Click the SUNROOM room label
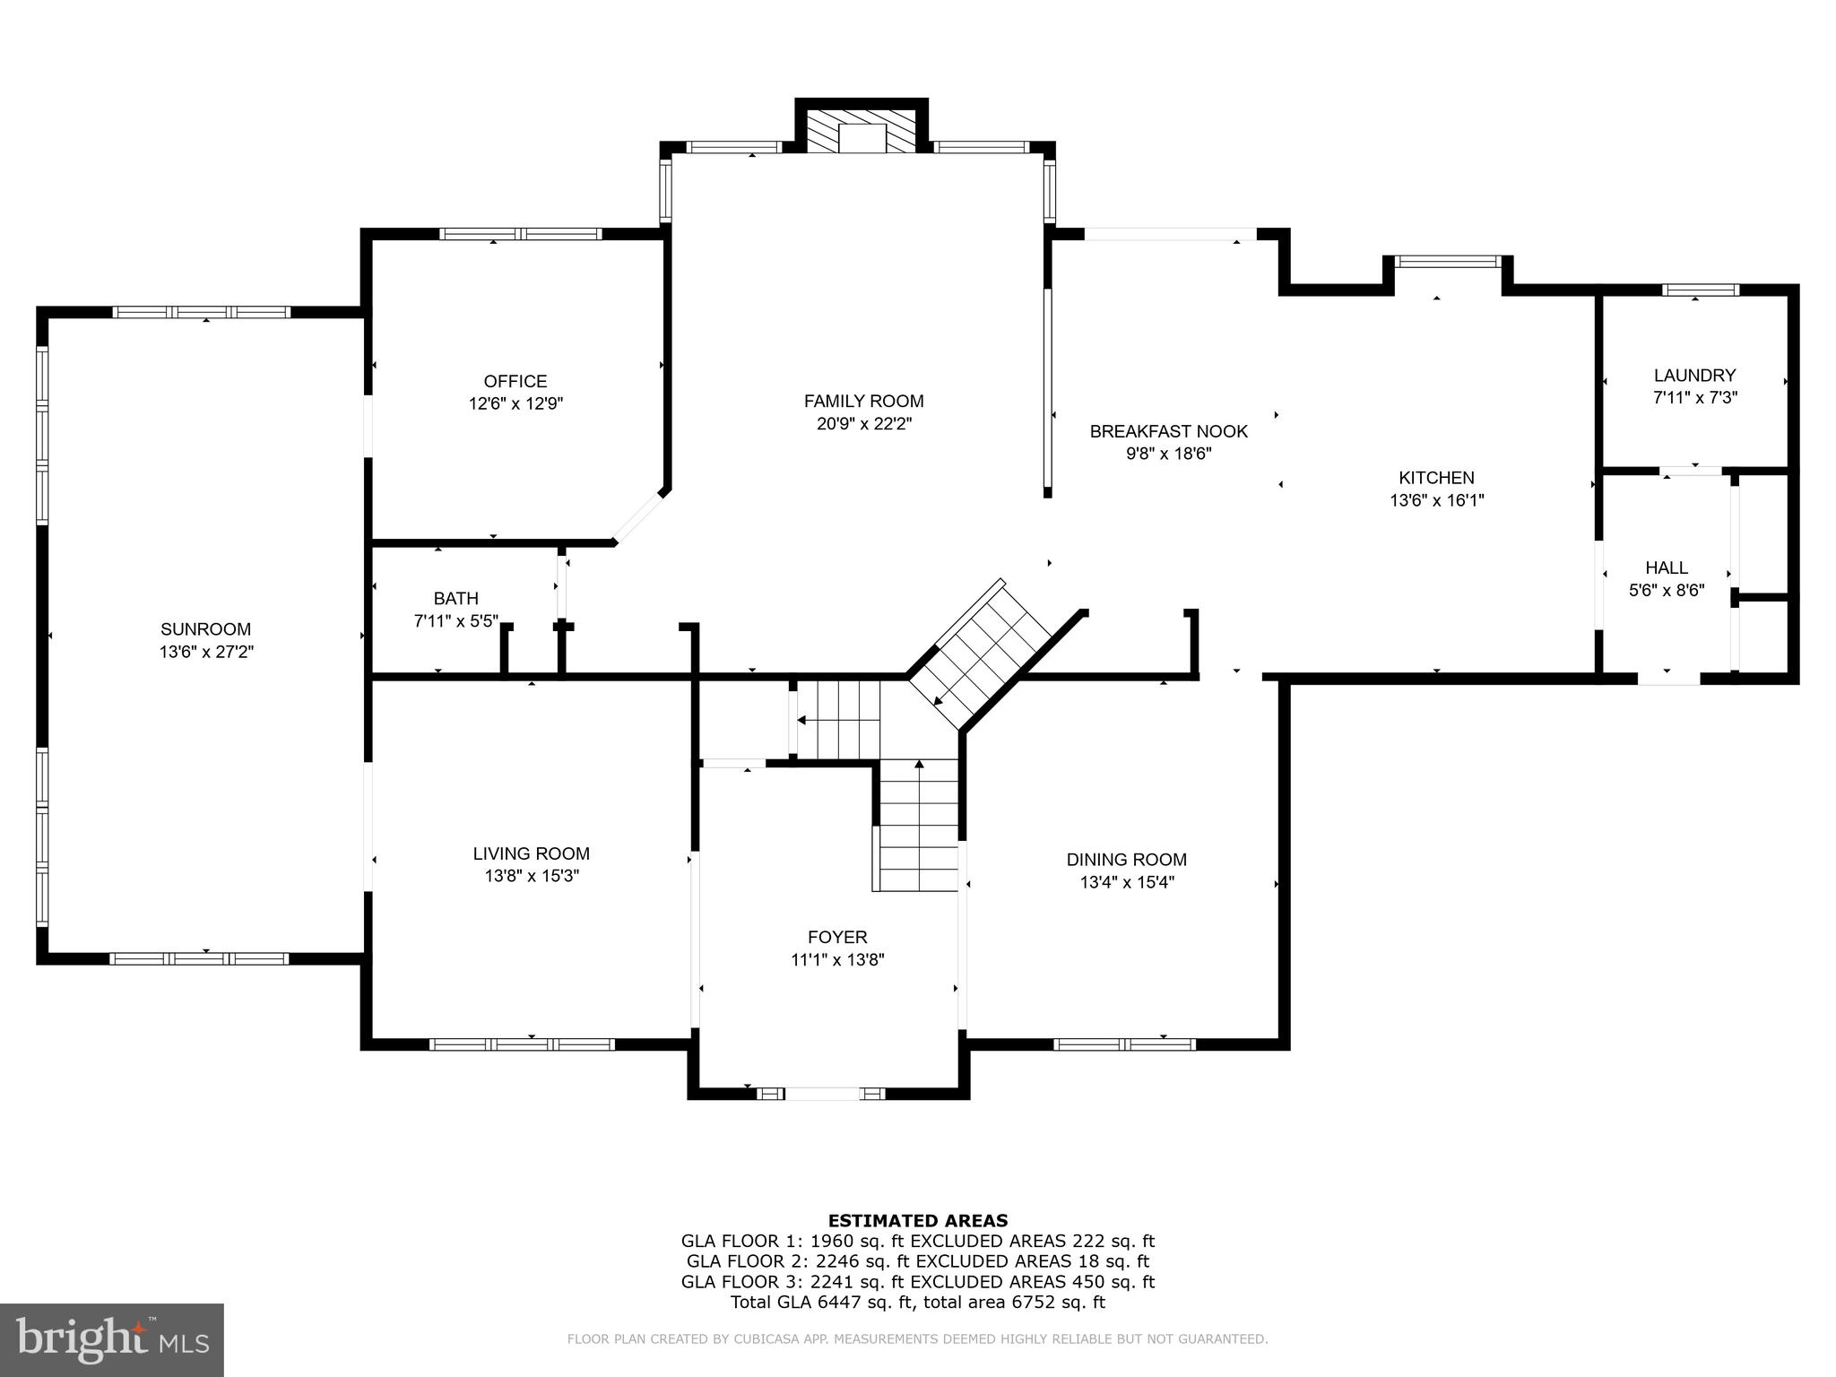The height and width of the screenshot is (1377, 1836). click(205, 629)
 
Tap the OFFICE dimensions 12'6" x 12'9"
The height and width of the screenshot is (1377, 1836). click(515, 404)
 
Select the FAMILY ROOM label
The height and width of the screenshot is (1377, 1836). click(863, 401)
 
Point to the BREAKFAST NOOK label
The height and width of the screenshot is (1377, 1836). click(1168, 431)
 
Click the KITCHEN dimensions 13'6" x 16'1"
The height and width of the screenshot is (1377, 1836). click(1436, 501)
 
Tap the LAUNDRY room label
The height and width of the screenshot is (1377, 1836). click(1694, 376)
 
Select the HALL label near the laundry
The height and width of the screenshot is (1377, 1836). click(1666, 567)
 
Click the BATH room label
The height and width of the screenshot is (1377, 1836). click(455, 598)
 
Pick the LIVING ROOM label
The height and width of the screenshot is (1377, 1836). click(531, 853)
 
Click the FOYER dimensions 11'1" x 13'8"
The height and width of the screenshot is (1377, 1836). click(837, 960)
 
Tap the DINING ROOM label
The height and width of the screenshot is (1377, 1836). click(1126, 860)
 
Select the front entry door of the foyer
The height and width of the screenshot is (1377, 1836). click(821, 1094)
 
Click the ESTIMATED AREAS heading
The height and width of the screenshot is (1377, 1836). click(917, 1220)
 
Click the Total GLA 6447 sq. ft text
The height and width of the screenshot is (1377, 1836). click(822, 1303)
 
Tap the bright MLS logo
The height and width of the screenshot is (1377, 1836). click(111, 1340)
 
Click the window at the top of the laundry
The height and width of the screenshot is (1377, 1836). click(1700, 290)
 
